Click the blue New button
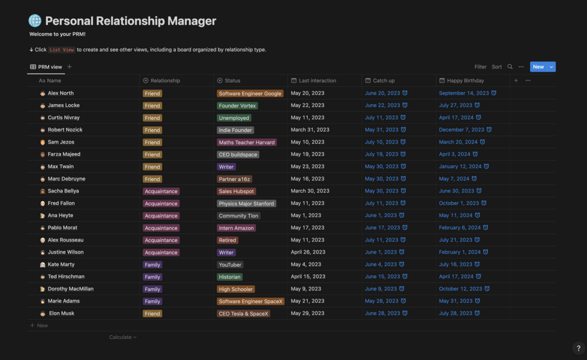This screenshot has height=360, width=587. click(x=538, y=67)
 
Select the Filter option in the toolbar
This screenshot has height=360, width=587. click(x=480, y=67)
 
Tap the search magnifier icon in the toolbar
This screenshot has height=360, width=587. click(x=510, y=67)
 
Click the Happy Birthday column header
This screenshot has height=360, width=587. click(x=465, y=81)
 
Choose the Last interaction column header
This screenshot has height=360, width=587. click(x=317, y=81)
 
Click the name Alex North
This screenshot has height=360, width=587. click(x=61, y=93)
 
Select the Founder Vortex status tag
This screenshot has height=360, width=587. click(x=237, y=106)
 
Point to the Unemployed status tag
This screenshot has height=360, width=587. click(x=234, y=118)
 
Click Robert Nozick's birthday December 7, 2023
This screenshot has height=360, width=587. click(x=461, y=130)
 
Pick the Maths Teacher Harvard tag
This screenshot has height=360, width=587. click(x=246, y=142)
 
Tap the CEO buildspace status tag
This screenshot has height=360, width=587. click(x=238, y=154)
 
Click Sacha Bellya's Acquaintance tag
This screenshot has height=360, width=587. click(x=161, y=191)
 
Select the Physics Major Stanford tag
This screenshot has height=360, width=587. click(x=246, y=203)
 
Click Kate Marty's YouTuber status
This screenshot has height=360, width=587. click(x=230, y=265)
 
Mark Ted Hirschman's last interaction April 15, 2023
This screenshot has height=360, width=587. click(x=308, y=276)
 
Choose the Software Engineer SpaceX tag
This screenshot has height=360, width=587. click(x=251, y=302)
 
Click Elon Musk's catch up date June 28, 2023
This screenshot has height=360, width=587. click(x=383, y=313)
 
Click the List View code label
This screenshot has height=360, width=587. click(x=62, y=50)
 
